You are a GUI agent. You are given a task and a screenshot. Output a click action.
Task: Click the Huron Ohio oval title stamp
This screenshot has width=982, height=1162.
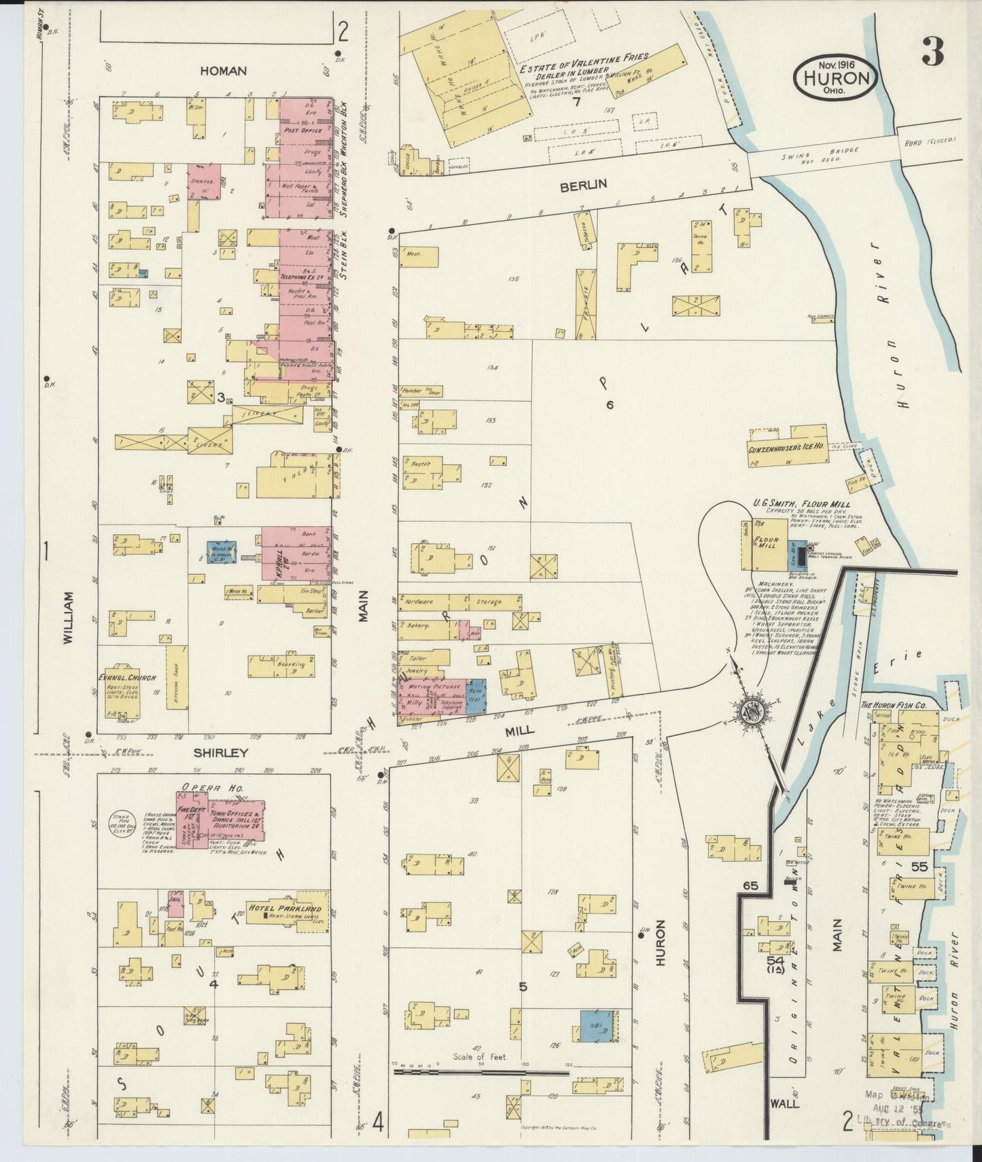point(835,77)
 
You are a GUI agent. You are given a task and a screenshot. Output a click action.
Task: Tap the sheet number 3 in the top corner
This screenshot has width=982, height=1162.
point(934,52)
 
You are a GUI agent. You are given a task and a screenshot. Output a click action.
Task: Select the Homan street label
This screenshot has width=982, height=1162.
point(223,71)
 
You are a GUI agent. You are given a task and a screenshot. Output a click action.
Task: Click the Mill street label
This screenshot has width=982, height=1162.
point(519,730)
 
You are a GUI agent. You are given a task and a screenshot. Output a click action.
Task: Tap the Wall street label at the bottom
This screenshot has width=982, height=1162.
point(785,1104)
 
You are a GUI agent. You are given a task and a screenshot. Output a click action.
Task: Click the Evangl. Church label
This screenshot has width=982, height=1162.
point(127,678)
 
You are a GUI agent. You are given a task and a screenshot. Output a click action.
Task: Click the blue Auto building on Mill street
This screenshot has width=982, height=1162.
point(476,697)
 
